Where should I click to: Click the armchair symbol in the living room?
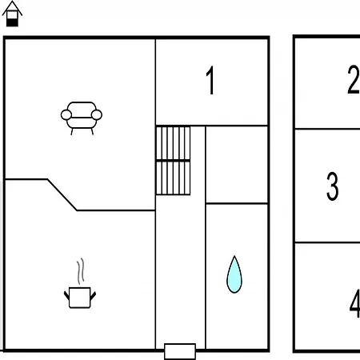pyautogui.click(x=82, y=118)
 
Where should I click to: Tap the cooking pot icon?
pyautogui.click(x=80, y=298)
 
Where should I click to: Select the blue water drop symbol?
pyautogui.click(x=234, y=274)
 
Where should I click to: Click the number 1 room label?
pyautogui.click(x=210, y=80)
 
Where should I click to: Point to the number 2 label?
pyautogui.click(x=354, y=79)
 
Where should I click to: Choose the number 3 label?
pyautogui.click(x=333, y=186)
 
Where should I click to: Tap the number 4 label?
pyautogui.click(x=355, y=303)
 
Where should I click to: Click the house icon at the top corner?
pyautogui.click(x=12, y=14)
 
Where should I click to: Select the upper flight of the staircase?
pyautogui.click(x=173, y=143)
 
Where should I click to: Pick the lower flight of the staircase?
pyautogui.click(x=173, y=178)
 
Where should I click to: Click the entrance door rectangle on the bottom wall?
pyautogui.click(x=180, y=351)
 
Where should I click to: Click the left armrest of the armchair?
pyautogui.click(x=66, y=115)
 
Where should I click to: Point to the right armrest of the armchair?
pyautogui.click(x=97, y=115)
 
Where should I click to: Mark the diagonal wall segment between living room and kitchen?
pyautogui.click(x=62, y=195)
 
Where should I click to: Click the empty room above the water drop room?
pyautogui.click(x=237, y=165)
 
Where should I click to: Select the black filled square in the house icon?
pyautogui.click(x=12, y=22)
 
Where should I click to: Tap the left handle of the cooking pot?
pyautogui.click(x=66, y=296)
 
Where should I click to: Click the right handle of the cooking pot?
pyautogui.click(x=93, y=296)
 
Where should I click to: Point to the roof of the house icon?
pyautogui.click(x=12, y=6)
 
